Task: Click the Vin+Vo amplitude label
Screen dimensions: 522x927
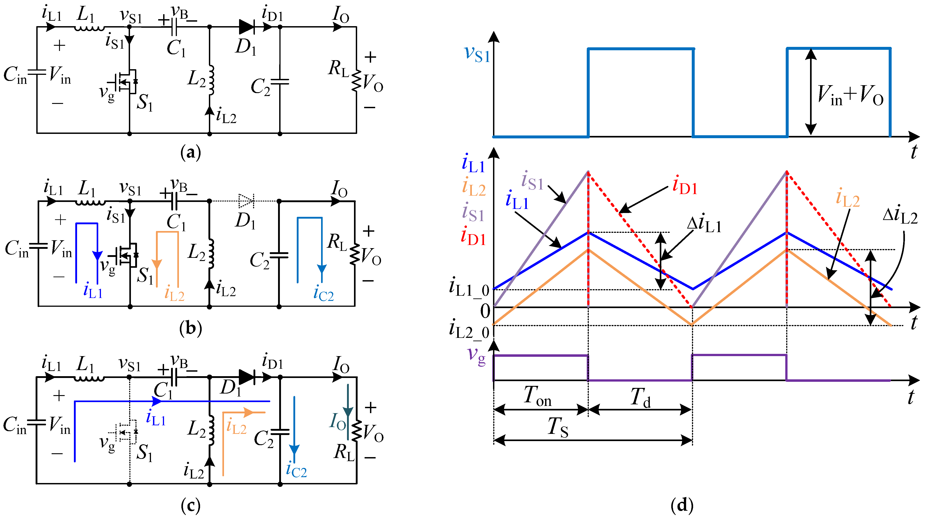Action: tap(850, 96)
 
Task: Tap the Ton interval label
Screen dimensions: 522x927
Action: tap(537, 396)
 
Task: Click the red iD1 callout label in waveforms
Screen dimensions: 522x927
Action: tap(685, 187)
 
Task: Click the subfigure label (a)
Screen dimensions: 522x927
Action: tap(190, 152)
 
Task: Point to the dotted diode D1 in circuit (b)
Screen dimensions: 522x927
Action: tap(246, 201)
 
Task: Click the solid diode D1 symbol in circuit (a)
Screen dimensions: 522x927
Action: tap(247, 27)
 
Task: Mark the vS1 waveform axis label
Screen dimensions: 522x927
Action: tap(477, 54)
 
